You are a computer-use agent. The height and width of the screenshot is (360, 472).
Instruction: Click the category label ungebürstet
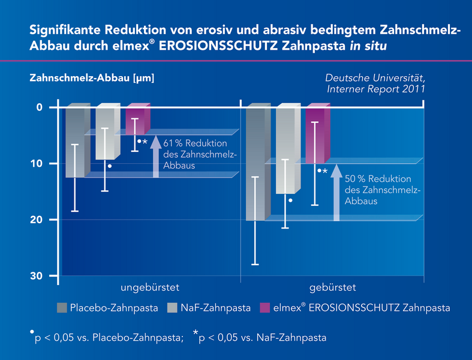(150, 287)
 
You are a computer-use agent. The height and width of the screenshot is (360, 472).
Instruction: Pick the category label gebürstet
(333, 287)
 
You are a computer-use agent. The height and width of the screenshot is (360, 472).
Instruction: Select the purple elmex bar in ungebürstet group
(136, 120)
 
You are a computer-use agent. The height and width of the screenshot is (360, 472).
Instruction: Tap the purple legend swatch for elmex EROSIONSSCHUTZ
(262, 308)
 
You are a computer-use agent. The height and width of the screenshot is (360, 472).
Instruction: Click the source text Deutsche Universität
(375, 78)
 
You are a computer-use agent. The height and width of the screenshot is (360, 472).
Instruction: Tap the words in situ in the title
(364, 46)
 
